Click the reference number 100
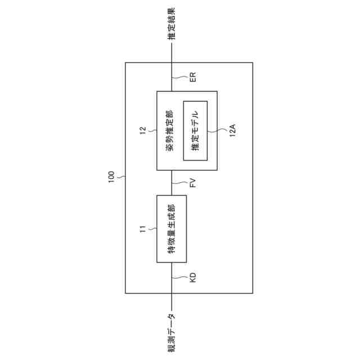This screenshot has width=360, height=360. [111, 178]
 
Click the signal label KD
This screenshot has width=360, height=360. [192, 277]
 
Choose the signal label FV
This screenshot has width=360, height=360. [192, 183]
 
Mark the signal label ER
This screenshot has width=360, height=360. [192, 77]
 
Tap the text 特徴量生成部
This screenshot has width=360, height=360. [171, 228]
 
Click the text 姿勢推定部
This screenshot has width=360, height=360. [170, 130]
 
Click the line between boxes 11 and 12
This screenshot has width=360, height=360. [172, 183]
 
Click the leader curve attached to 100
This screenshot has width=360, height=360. [120, 177]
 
